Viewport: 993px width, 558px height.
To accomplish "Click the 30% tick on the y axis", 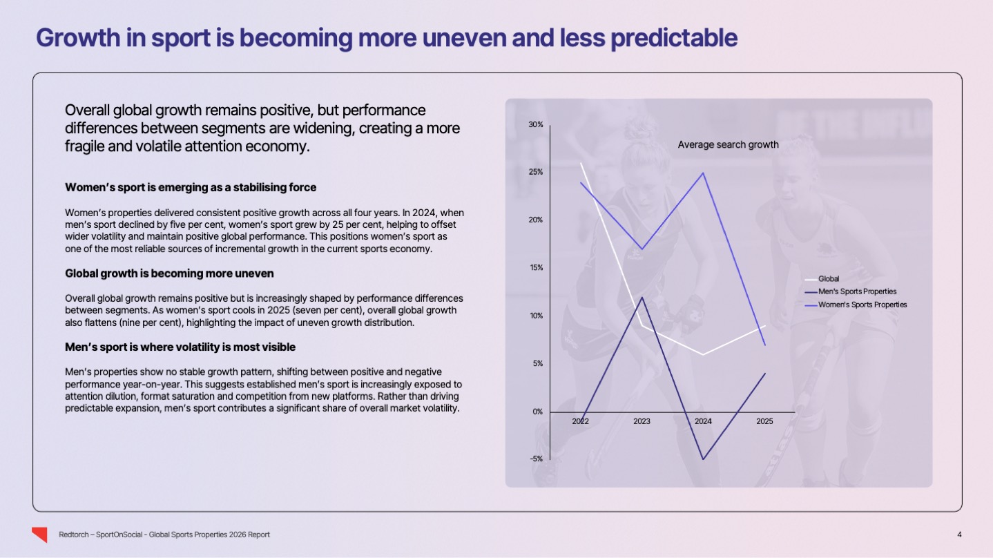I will (x=536, y=124).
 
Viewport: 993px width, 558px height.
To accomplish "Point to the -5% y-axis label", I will (x=536, y=459).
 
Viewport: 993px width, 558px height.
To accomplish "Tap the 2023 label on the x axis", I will (x=642, y=421).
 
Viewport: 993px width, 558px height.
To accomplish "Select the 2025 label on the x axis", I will (x=764, y=421).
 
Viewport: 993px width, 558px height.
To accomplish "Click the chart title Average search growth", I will (x=728, y=145).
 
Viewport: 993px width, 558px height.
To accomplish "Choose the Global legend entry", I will (x=829, y=279).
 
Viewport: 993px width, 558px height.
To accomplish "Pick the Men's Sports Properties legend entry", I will (x=856, y=291).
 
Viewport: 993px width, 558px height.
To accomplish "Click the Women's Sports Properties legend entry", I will (x=862, y=305).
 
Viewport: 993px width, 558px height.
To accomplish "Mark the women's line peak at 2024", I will (x=703, y=173).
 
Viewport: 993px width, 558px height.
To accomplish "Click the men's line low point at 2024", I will (x=703, y=459).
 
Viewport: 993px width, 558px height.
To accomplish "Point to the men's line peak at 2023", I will (x=642, y=298).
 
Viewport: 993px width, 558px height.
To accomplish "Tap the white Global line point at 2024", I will (x=703, y=354).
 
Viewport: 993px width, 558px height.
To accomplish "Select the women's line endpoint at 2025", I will (x=764, y=345).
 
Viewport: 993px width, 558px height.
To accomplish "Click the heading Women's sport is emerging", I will (x=191, y=187).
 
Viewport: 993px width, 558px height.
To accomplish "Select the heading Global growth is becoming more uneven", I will (x=169, y=273).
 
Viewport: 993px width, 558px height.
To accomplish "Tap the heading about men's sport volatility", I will (x=180, y=347).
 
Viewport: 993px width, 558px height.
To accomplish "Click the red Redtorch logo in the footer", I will (x=40, y=535).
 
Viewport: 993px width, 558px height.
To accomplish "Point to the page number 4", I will (x=959, y=535).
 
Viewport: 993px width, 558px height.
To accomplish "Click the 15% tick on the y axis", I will (x=536, y=268).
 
